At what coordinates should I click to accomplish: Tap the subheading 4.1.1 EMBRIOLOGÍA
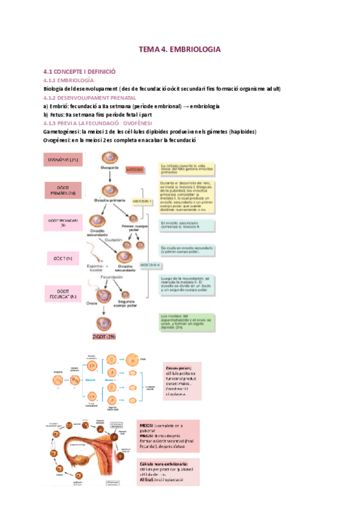68,80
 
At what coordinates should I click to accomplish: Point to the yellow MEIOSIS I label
142,202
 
